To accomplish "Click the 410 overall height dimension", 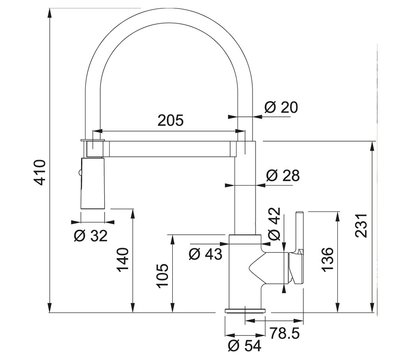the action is pos(40,172).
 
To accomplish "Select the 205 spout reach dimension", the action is pos(171,120).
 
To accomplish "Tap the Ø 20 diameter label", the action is pos(281,107).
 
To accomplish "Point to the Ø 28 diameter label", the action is pos(283,175).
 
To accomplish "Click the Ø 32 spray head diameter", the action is pos(91,236).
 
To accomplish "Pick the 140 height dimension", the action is pos(122,259).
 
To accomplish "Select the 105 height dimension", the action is pos(163,276).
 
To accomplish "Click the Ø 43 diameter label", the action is pos(205,254).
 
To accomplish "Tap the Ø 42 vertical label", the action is pos(275,224).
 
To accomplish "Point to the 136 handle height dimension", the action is pos(327,259).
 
